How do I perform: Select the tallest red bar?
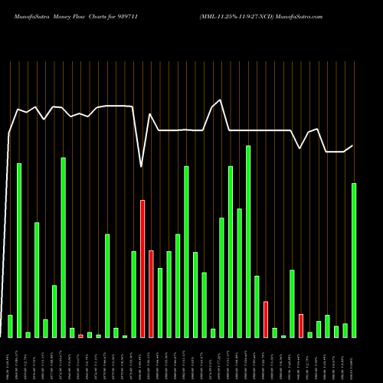[142, 268]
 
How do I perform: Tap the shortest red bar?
[80, 336]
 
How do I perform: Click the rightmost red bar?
[301, 326]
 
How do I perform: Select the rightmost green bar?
[354, 260]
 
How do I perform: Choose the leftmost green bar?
[10, 326]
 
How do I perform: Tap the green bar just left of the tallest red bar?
[133, 294]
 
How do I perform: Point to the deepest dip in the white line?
[141, 165]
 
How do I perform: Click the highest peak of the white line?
[221, 100]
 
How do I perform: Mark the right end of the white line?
[353, 146]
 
